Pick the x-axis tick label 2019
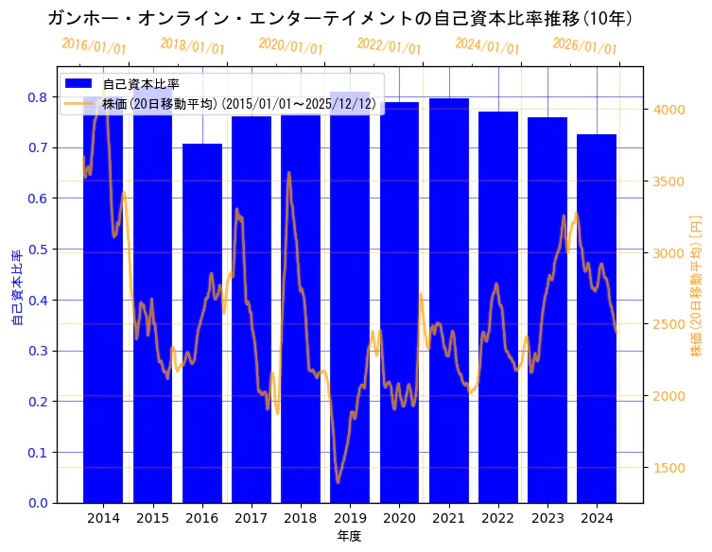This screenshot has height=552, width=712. [350, 518]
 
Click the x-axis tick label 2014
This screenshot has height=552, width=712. [103, 518]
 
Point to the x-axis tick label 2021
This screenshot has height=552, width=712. [448, 518]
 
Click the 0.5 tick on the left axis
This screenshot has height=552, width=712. [38, 250]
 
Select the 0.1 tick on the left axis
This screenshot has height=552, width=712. [38, 453]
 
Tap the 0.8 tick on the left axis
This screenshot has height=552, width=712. [38, 97]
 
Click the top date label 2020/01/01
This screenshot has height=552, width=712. [290, 45]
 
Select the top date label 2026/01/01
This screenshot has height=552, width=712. [584, 45]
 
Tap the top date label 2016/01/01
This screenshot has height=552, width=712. [94, 45]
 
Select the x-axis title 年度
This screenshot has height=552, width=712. [350, 536]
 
